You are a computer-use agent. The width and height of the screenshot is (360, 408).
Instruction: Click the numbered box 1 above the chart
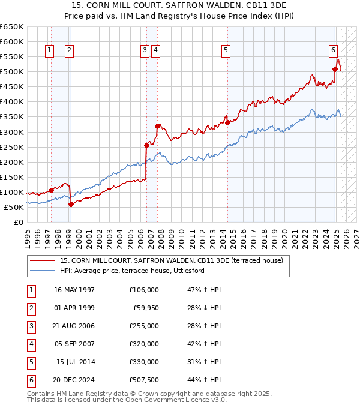coord(49,50)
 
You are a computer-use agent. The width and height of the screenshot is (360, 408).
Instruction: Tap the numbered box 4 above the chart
coord(155,50)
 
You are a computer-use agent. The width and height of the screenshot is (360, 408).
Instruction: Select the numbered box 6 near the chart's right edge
coord(333,50)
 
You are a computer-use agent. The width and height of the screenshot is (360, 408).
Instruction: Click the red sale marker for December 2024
coord(335,69)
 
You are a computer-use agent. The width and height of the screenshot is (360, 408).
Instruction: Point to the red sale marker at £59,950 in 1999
coord(71,204)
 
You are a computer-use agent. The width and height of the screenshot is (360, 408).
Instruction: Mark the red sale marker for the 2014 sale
coord(227,122)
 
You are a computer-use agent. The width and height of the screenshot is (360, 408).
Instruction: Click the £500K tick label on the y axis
coord(12,72)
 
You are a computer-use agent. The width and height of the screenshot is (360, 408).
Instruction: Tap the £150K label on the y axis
coord(12,177)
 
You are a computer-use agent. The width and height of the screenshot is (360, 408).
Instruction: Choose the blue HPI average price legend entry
coord(132,271)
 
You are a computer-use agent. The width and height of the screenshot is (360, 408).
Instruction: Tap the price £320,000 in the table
coord(144,344)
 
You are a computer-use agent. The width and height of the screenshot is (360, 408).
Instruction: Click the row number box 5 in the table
coord(31,362)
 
